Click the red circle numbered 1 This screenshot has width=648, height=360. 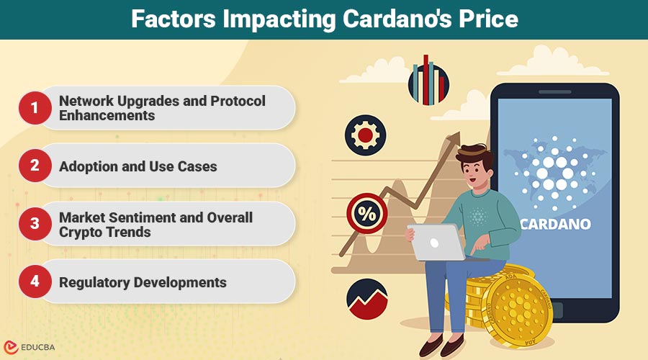pos(35,108)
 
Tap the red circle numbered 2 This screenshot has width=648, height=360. pos(35,166)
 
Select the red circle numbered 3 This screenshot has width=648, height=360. pos(35,224)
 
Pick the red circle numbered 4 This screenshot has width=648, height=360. pos(35,282)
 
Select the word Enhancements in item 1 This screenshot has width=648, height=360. pos(107,115)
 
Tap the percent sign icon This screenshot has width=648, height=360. pos(367,215)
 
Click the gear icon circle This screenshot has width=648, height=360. pos(365,135)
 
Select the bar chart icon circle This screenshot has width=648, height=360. pos(428,84)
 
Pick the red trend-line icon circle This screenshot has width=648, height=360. pos(367,298)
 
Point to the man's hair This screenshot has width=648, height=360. pos(476,154)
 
